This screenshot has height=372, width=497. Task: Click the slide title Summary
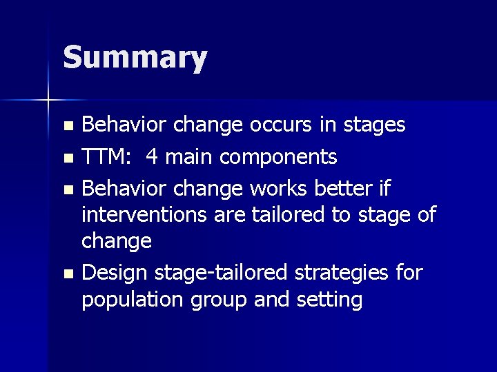[135, 58]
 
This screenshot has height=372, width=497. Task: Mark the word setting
[327, 300]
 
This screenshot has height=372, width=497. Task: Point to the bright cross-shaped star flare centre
[48, 101]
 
